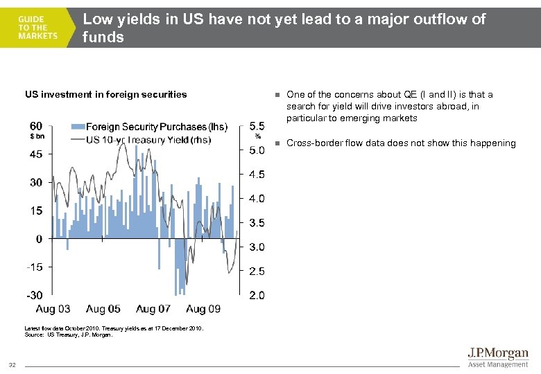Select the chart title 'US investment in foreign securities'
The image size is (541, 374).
click(x=105, y=94)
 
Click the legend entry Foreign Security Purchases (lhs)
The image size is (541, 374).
click(x=148, y=127)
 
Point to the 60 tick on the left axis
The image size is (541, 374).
click(x=35, y=126)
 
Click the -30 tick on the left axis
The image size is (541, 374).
click(x=35, y=295)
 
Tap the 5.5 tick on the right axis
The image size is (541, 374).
click(x=256, y=126)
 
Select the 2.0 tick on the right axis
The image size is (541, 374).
click(x=256, y=296)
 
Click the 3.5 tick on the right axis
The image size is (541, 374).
click(x=256, y=223)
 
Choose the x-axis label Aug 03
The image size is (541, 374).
click(x=53, y=309)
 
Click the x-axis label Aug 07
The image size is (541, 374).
click(x=153, y=309)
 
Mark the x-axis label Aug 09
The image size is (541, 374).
click(x=203, y=309)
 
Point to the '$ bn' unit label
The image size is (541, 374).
click(x=36, y=136)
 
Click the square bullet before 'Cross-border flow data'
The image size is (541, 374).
click(x=275, y=143)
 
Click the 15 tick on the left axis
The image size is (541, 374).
click(x=35, y=211)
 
